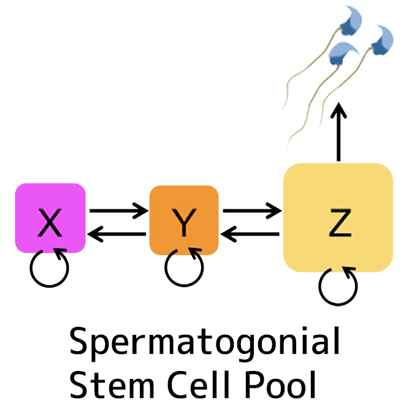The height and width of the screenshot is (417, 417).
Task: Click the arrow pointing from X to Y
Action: coord(118,210)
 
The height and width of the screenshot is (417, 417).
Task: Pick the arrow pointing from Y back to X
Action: coord(118,233)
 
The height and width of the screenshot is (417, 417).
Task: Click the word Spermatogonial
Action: coord(204,343)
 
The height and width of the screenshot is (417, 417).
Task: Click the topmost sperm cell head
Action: coord(351,21)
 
